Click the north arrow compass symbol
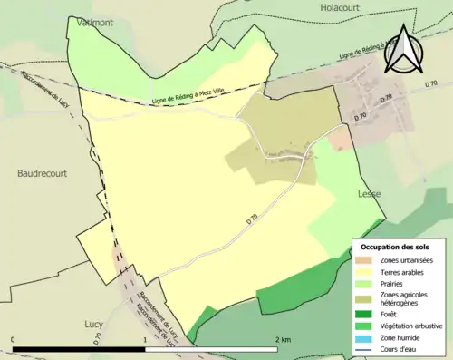(402, 50)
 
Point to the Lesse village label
(370, 194)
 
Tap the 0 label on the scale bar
(14, 340)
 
